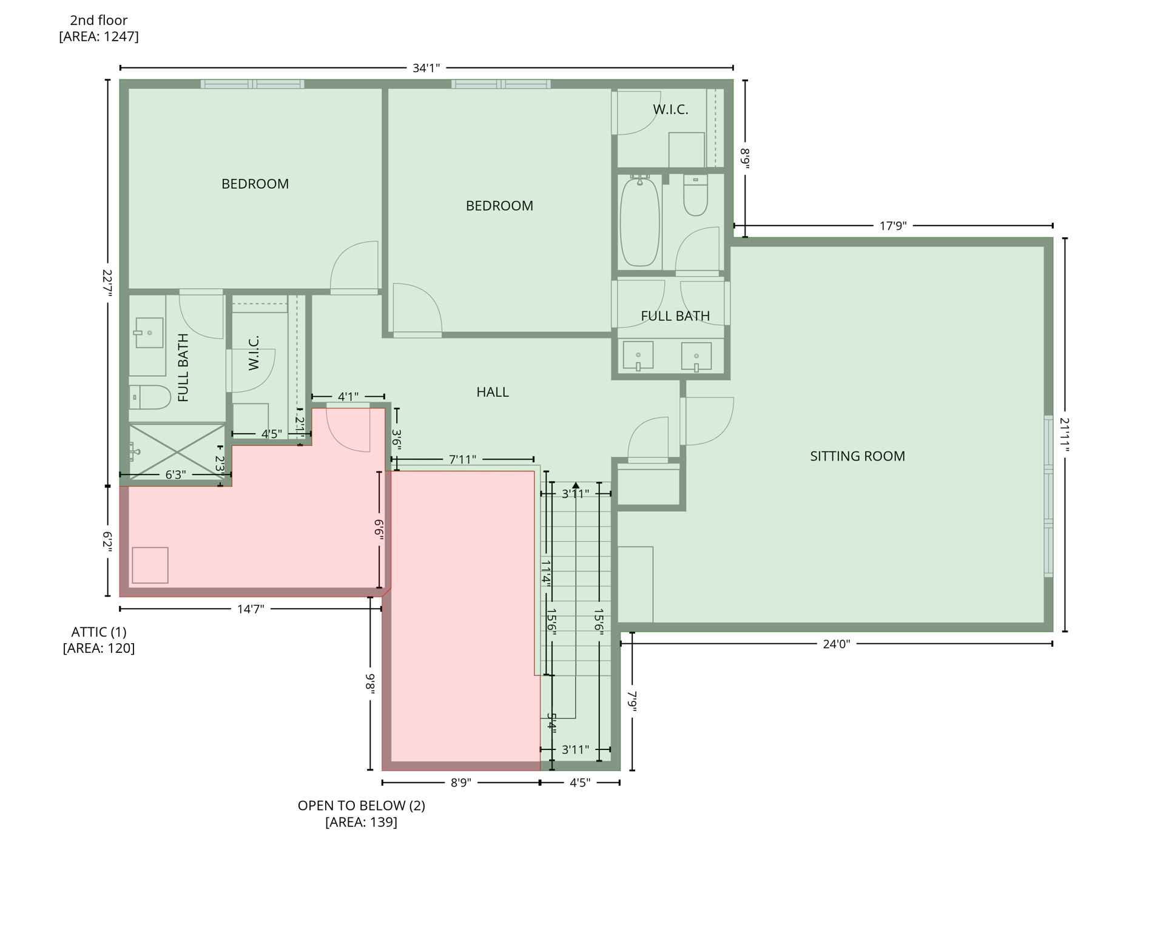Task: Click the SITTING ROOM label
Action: [857, 456]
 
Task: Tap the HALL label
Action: [492, 393]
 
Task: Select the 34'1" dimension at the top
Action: [426, 68]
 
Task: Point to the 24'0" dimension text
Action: [836, 644]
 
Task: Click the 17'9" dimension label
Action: [892, 226]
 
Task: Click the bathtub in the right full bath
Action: [639, 222]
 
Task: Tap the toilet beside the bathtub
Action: [695, 196]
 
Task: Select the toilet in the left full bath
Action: [150, 397]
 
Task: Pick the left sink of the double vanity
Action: [638, 356]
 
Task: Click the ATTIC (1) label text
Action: [99, 632]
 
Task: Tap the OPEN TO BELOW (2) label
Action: [361, 806]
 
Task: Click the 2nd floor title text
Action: [99, 21]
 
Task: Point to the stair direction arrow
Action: [575, 485]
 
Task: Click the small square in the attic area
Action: [150, 565]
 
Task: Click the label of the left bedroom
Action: [255, 184]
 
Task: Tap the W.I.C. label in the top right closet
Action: [670, 110]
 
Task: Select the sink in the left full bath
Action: [149, 333]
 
